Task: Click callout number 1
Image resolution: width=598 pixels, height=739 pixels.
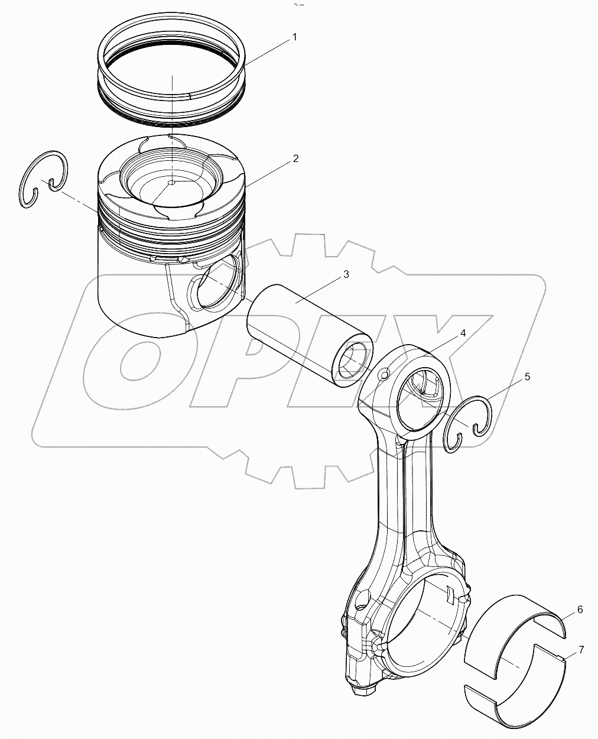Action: (294, 37)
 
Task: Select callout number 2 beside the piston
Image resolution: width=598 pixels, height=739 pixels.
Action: (295, 158)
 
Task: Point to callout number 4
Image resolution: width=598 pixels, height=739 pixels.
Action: (463, 333)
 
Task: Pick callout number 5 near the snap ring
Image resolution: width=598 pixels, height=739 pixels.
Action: (527, 377)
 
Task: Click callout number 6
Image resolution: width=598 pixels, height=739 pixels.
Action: (580, 610)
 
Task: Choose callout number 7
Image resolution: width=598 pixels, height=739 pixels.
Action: (581, 650)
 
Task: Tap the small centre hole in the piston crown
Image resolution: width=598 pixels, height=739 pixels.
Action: (171, 183)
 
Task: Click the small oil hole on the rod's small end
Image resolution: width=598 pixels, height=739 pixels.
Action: (385, 374)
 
